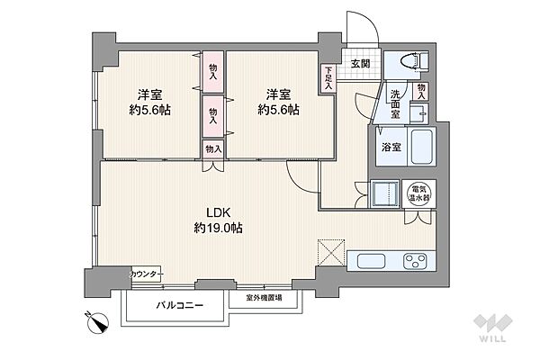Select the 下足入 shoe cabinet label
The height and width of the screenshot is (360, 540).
(330, 79)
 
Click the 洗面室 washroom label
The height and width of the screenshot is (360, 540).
(395, 97)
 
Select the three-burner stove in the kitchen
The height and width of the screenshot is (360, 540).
(417, 262)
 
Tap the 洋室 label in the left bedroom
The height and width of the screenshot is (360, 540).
(149, 94)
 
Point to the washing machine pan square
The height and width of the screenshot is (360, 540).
(385, 192)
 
